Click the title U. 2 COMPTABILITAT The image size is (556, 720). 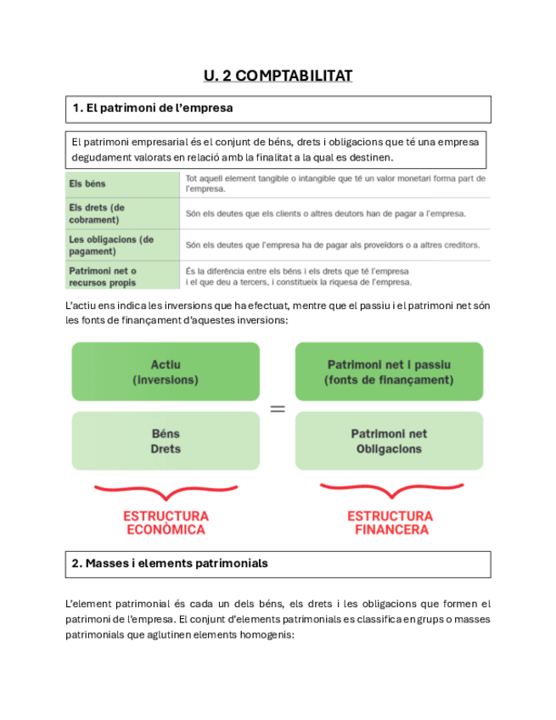278,76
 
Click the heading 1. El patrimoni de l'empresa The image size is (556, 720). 153,109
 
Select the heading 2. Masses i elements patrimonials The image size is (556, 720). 171,563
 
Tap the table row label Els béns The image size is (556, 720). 87,183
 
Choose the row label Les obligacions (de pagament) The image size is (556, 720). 111,245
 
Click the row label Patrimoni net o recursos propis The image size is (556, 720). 103,277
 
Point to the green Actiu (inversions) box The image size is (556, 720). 166,372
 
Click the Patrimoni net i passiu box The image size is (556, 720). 389,372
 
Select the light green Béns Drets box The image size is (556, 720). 166,441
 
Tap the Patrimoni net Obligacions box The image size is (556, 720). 389,441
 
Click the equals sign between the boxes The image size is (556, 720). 277,409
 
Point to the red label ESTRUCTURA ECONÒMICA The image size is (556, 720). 166,522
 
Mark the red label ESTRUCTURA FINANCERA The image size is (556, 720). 390,522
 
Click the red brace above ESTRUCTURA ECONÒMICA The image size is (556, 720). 166,492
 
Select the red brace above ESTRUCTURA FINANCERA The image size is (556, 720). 390,492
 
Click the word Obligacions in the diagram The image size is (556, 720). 389,448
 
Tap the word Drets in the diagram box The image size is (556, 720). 166,448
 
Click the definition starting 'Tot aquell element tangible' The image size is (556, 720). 334,183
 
